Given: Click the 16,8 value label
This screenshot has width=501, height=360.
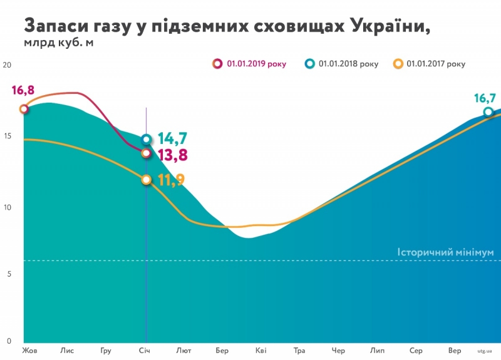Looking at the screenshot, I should click(x=23, y=91).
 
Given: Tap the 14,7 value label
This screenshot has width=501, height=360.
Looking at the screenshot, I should click(x=173, y=138).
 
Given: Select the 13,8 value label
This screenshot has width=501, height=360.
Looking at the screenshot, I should click(x=173, y=154).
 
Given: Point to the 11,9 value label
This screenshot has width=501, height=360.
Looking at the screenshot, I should click(x=171, y=180).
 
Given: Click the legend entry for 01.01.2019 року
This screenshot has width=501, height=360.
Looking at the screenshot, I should click(x=250, y=64).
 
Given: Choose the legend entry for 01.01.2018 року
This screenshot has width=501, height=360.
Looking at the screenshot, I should click(x=343, y=64).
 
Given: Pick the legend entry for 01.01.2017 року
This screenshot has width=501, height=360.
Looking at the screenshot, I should click(x=430, y=64).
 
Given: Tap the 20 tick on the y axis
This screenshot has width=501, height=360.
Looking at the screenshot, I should click(x=8, y=65).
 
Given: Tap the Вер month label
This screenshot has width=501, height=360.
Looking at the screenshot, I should click(x=455, y=350).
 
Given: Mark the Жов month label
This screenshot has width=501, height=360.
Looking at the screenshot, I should click(x=29, y=350).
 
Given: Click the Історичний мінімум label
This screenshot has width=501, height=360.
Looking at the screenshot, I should click(x=445, y=252).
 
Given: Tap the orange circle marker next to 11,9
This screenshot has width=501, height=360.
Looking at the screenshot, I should click(x=147, y=180).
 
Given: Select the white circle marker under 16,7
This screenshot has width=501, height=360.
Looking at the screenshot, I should click(x=488, y=112).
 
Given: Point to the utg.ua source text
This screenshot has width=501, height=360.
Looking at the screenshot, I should click(x=484, y=351).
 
